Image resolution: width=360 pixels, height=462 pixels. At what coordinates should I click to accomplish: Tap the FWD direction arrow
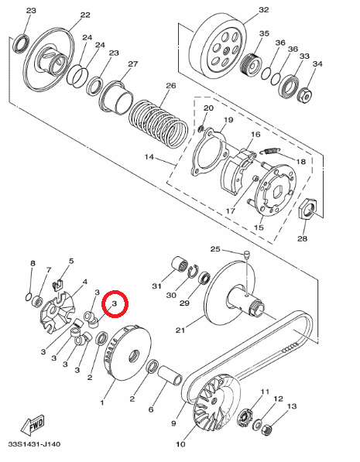(33, 425)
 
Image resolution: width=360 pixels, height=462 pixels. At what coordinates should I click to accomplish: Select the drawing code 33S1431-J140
(34, 444)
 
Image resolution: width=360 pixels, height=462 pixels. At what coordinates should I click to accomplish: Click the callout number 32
(264, 10)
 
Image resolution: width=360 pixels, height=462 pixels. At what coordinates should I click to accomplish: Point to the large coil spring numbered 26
(159, 123)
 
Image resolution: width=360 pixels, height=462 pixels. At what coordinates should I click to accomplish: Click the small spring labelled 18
(270, 151)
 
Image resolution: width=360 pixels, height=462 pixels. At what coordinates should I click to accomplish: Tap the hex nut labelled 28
(308, 209)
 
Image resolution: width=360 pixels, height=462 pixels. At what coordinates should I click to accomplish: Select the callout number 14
(149, 157)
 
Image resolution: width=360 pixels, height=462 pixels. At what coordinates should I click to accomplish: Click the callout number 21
(180, 330)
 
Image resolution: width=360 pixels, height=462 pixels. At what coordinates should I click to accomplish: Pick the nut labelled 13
(267, 429)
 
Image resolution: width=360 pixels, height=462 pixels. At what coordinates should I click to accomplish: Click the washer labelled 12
(257, 424)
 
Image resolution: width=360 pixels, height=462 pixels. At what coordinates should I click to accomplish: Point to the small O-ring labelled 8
(28, 296)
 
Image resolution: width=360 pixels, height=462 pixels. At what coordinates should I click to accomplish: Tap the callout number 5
(71, 261)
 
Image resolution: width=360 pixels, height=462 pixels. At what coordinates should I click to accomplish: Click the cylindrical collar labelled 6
(170, 375)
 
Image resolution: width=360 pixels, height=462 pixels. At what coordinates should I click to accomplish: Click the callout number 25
(215, 249)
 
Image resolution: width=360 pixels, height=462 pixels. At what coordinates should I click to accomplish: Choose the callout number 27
(133, 64)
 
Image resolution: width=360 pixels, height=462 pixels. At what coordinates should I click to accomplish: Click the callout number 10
(180, 444)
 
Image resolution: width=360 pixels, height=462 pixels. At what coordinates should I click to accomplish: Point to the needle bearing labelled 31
(180, 265)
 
